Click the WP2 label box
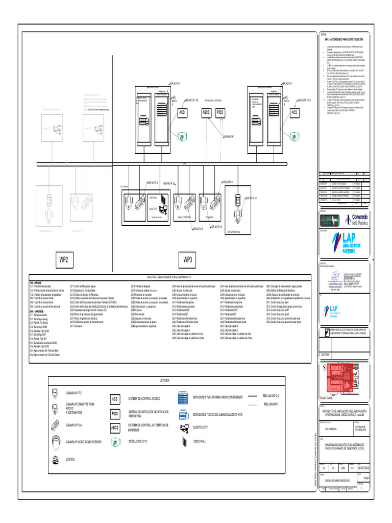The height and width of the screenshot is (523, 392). [64, 259]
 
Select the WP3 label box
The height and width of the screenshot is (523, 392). [187, 259]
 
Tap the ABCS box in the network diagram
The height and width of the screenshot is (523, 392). [206, 112]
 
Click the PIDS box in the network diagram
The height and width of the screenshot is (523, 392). [220, 112]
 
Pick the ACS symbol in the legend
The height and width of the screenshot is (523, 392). [115, 398]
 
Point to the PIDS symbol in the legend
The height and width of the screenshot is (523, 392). [115, 413]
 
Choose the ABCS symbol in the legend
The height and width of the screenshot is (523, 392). [115, 427]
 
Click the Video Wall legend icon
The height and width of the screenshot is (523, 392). [183, 441]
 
